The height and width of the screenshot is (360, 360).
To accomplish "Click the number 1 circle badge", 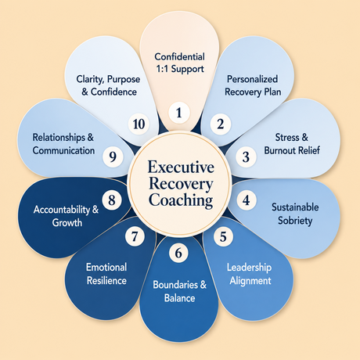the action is coord(179,113).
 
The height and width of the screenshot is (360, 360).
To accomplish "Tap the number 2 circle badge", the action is coord(221,124).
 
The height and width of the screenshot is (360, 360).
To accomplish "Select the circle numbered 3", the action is coord(246,157).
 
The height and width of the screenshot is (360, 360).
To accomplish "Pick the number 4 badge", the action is coord(247,200).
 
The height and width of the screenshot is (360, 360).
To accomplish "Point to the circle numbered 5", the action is coord(223,236).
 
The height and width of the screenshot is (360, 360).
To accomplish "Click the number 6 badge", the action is coord(178,253).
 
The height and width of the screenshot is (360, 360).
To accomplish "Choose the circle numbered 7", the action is coord(135,236).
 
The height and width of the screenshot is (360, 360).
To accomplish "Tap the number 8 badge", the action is coord(112,200).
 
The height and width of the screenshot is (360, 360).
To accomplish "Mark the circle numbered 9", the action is coord(113,157).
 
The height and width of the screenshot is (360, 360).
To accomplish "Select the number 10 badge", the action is coord(139,124).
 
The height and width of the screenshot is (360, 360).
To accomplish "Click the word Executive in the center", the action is coord(181,167).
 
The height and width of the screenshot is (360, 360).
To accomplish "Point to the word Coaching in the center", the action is coord(181,200).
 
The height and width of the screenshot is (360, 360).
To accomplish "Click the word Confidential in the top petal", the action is coord(180,56).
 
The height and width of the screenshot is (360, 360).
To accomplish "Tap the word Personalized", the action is coord(252,79).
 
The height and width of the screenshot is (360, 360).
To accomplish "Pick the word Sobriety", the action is coord(295,221).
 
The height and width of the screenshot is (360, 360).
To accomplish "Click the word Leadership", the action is coord(249,268).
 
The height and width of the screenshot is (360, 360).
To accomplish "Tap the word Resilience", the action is coord(106,281).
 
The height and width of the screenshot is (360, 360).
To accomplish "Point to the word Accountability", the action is coord(62,210).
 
